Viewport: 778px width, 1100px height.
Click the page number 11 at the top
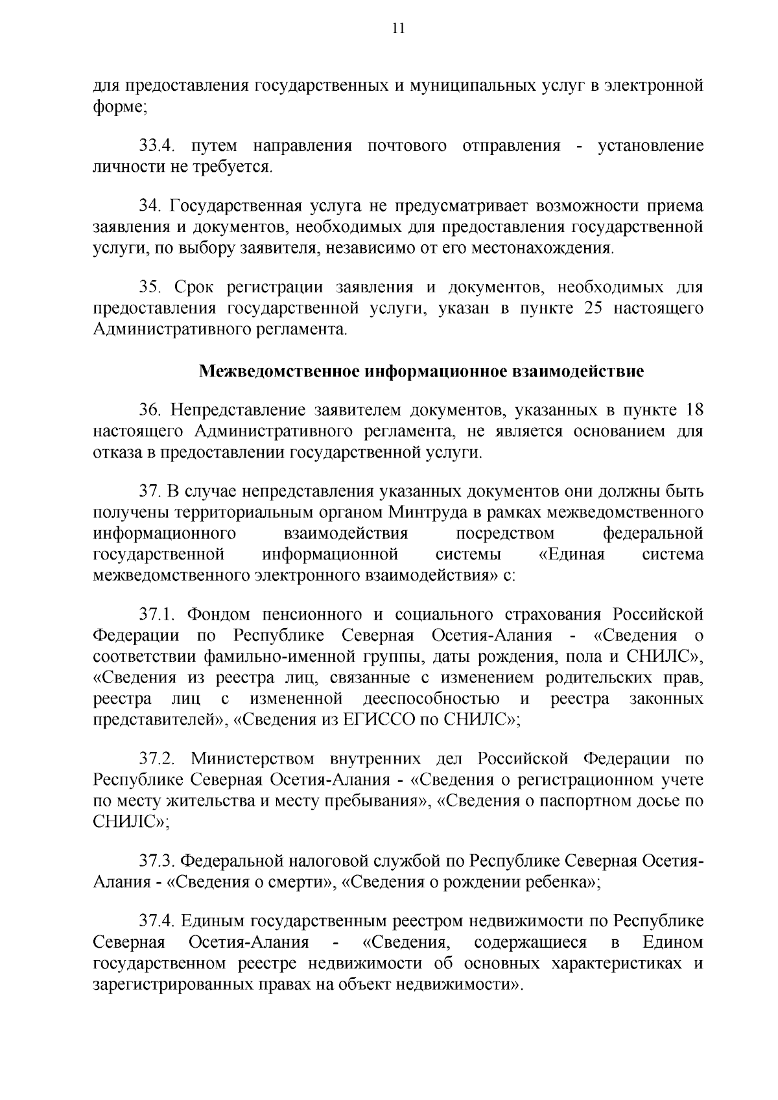(x=398, y=28)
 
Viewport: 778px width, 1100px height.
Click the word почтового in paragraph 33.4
(x=407, y=146)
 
